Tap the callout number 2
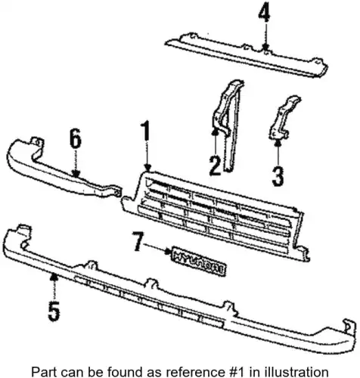point(215,166)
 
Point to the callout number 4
point(264,13)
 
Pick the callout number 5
point(54,311)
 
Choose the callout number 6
point(76,138)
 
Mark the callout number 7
point(138,242)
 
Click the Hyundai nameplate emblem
point(199,261)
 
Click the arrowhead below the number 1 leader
point(148,168)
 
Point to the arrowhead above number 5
point(54,277)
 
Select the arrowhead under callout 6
point(76,174)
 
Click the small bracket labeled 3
point(284,117)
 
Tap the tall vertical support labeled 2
point(228,125)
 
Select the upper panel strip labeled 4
point(247,55)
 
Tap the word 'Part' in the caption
point(43,371)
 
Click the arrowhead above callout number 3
point(278,143)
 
